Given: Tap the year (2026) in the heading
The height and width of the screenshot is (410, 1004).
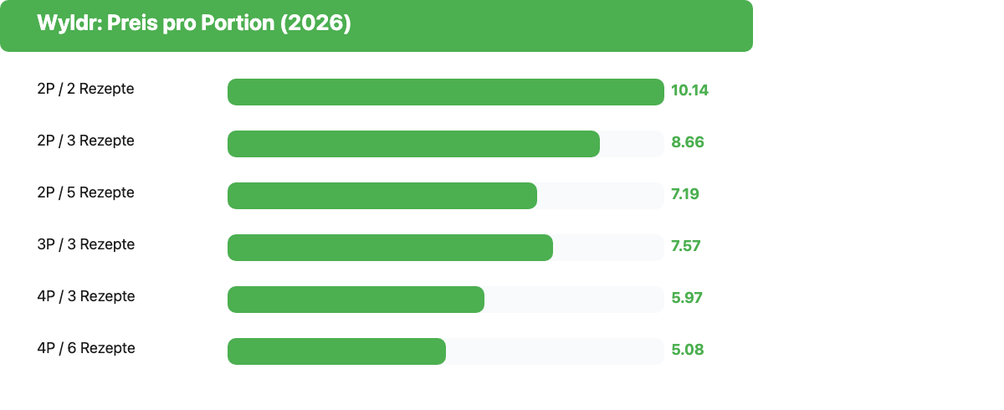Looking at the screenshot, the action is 315,23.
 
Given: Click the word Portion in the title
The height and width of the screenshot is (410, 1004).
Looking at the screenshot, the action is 238,23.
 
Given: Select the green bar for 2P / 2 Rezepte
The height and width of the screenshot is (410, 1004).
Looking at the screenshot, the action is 446,92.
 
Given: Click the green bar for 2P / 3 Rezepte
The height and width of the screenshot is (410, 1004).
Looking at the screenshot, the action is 413,144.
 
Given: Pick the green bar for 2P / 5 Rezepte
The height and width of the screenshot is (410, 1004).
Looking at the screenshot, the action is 382,196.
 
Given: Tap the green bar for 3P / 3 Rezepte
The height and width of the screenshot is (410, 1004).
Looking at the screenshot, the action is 391,248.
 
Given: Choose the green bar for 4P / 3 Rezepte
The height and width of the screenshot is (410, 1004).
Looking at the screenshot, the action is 356,300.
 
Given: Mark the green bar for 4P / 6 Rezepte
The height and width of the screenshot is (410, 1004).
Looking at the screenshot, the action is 336,351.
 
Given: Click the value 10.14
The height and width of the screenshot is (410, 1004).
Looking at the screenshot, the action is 689,90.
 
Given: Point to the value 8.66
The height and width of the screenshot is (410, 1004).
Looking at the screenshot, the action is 688,142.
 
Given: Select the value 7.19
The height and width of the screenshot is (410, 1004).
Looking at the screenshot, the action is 685,194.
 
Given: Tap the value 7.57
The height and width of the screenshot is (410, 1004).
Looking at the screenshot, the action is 686,246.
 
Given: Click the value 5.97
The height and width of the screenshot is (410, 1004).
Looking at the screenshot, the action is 687,298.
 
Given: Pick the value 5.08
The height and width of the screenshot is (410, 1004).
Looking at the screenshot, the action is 688,350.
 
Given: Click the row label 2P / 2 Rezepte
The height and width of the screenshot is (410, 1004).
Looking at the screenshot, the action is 85,89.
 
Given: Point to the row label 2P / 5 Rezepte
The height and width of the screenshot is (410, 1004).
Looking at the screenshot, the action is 85,192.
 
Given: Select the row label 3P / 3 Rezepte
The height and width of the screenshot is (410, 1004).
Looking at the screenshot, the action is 86,244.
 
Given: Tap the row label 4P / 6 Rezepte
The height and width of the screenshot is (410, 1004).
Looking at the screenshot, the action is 86,348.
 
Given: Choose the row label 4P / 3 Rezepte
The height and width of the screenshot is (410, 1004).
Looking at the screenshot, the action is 86,296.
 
